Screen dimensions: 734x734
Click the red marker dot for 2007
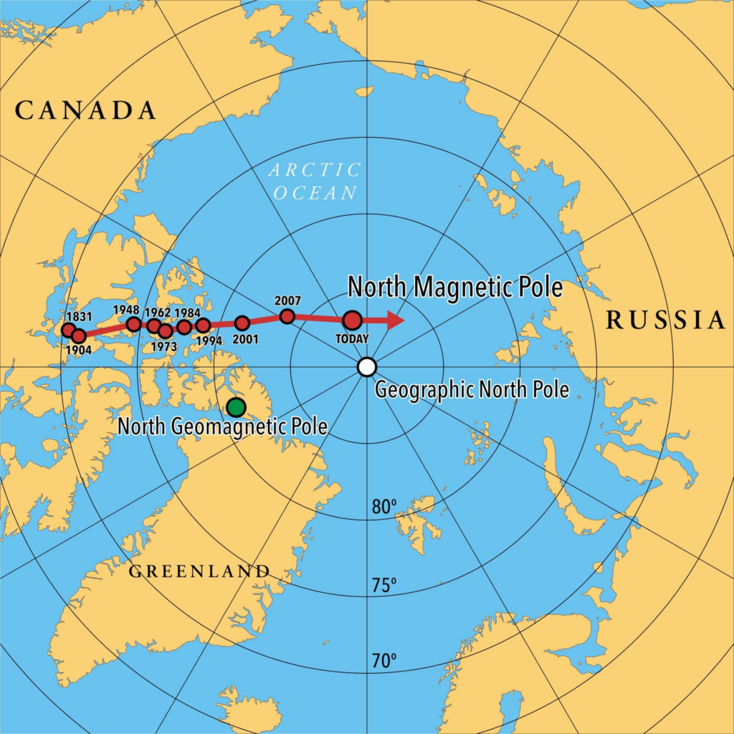[x=287, y=316]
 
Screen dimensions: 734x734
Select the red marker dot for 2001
[x=242, y=323]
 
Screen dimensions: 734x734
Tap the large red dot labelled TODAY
[x=352, y=320]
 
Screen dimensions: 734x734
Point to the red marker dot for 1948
[x=133, y=324]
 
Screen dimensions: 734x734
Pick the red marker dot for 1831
[x=69, y=330]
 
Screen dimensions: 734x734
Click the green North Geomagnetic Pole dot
[x=236, y=407]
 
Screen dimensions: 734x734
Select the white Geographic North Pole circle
[x=367, y=367]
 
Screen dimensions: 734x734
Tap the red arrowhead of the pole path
[x=396, y=320]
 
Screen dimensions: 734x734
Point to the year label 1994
[x=209, y=341]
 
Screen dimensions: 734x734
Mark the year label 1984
[x=187, y=313]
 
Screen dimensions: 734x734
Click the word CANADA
[x=86, y=110]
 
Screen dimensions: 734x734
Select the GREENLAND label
[x=200, y=571]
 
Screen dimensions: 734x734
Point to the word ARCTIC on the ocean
[x=315, y=171]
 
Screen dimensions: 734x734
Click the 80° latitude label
[x=384, y=507]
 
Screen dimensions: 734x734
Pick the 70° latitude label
[x=384, y=661]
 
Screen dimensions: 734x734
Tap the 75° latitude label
[x=384, y=586]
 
